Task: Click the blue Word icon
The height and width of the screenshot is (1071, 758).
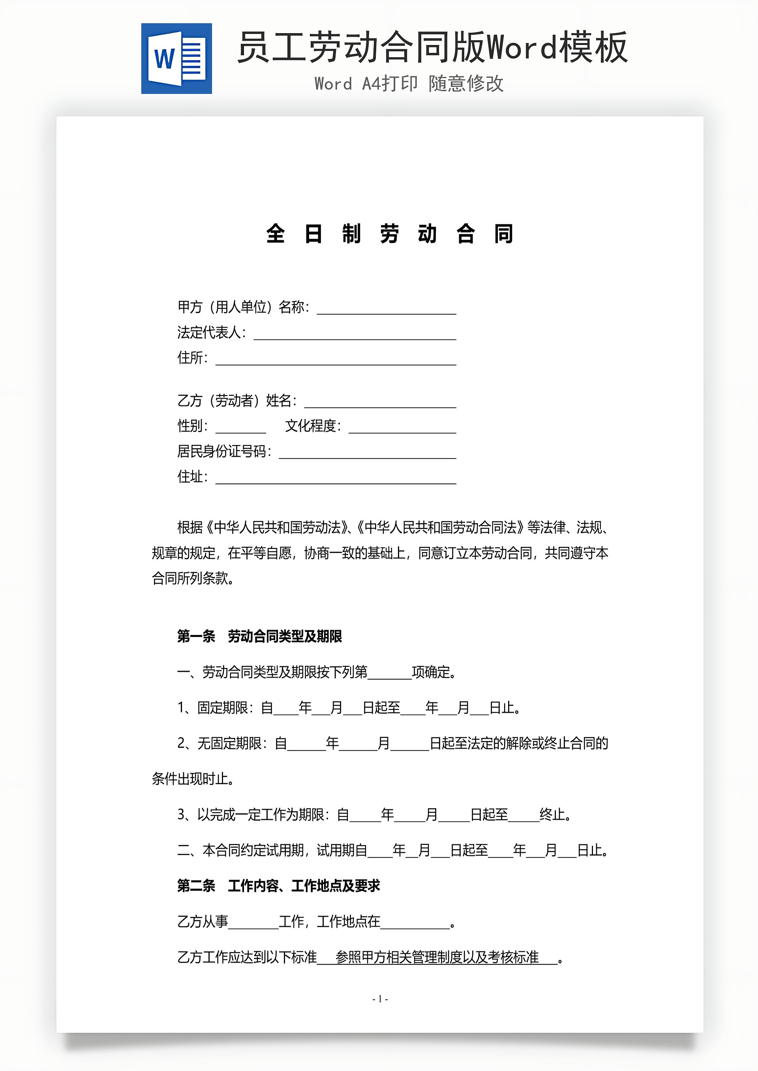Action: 176,59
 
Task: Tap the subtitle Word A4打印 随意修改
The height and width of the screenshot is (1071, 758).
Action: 409,84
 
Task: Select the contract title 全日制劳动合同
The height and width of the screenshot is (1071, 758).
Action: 390,234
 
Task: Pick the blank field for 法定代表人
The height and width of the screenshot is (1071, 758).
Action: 355,334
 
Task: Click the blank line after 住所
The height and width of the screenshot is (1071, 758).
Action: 336,359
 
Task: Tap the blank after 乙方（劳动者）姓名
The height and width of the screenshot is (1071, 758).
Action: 380,402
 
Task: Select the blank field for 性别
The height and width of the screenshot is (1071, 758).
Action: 240,427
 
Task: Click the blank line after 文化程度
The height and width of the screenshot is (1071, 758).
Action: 402,427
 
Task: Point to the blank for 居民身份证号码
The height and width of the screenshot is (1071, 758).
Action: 367,453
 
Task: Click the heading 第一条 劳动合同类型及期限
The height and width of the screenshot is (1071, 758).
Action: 259,636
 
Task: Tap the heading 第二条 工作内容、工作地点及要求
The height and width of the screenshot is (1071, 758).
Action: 279,886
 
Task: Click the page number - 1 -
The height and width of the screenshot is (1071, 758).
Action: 380,999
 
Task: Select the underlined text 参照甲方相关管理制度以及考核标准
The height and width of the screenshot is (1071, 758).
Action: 437,957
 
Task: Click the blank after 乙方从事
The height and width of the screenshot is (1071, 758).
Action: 253,922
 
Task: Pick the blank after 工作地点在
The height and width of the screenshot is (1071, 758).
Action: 415,922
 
